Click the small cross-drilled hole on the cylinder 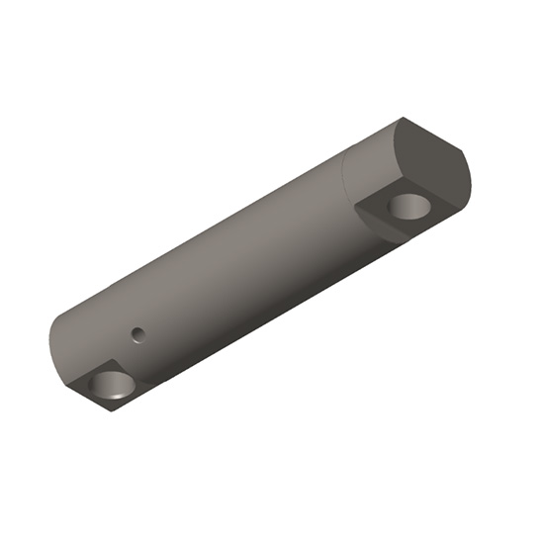[x=139, y=333]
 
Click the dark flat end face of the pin [x=433, y=161]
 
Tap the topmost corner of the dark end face [x=405, y=118]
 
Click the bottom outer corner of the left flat [x=112, y=412]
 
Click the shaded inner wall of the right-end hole [x=404, y=202]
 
